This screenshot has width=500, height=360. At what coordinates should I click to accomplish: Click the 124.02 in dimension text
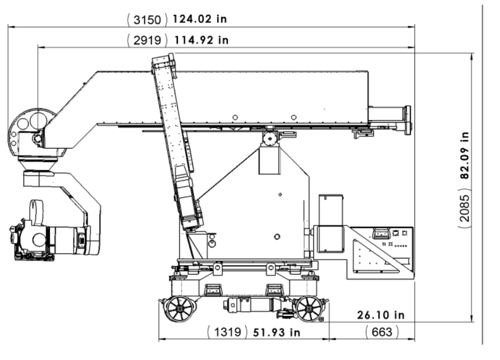[200, 19]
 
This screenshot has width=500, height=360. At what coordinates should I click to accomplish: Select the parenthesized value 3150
[148, 20]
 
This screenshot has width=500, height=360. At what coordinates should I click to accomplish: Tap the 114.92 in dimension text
[201, 40]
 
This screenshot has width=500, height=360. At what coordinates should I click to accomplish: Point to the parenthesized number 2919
[148, 40]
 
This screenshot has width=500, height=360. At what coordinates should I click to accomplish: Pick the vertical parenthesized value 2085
[465, 209]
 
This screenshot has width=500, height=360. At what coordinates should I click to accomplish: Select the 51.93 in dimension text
[277, 332]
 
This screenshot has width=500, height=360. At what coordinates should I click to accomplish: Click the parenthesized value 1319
[227, 332]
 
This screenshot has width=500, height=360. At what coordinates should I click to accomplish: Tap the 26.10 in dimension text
[381, 315]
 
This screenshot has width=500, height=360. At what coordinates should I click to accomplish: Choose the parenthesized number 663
[382, 332]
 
